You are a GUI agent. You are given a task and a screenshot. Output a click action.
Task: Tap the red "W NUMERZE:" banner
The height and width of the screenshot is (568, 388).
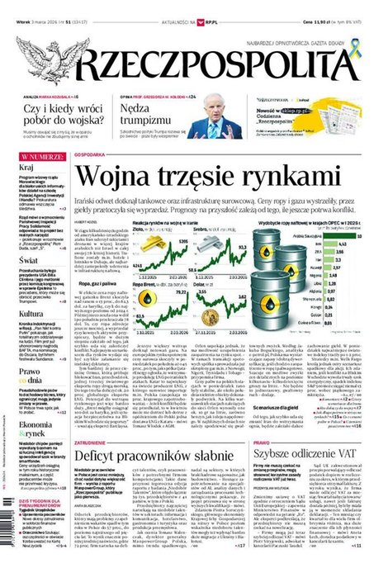[42, 155]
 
